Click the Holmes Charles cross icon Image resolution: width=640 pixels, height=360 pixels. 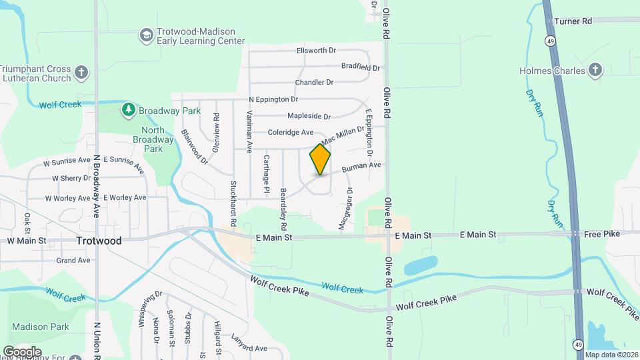click(x=595, y=69)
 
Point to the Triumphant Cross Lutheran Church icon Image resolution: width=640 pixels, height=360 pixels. click(x=81, y=73)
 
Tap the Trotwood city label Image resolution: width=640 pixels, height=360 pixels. click(x=99, y=241)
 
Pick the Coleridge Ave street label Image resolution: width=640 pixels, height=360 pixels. click(x=291, y=133)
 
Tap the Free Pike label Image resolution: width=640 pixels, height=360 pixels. click(x=603, y=235)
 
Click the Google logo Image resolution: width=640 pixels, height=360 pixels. click(x=22, y=351)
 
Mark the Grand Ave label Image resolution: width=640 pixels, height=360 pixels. click(x=73, y=260)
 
